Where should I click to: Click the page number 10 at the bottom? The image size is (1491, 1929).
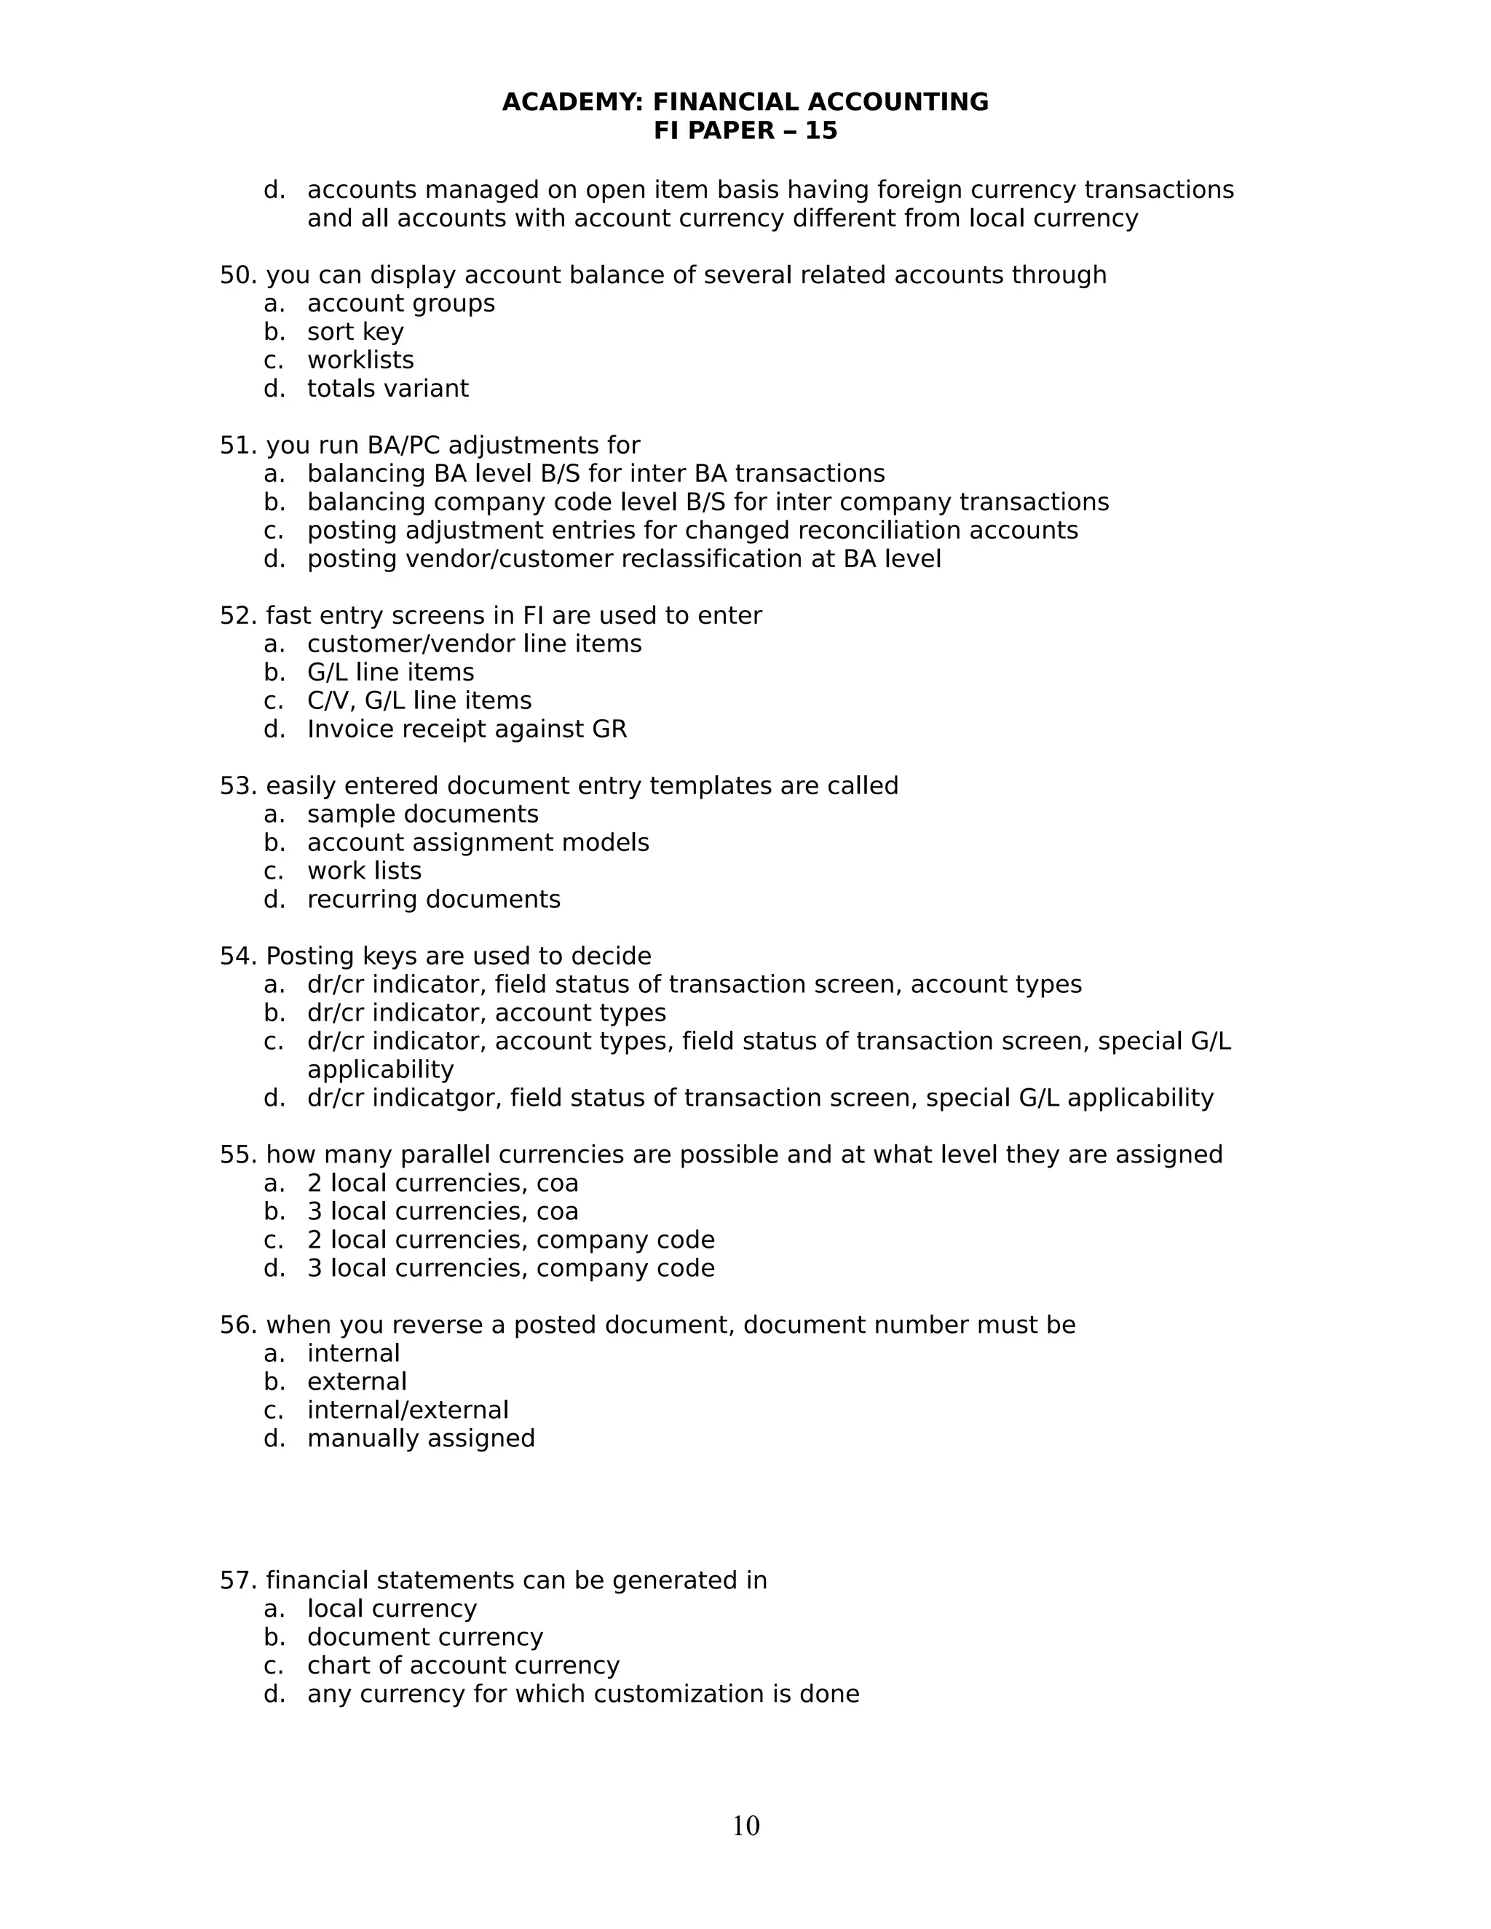pyautogui.click(x=745, y=1826)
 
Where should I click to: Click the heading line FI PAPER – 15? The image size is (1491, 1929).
pyautogui.click(x=745, y=131)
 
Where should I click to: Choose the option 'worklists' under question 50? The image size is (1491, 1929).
pyautogui.click(x=360, y=360)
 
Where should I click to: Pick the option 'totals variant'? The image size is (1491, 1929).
pyautogui.click(x=388, y=389)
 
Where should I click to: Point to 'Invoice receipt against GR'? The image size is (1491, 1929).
pyautogui.click(x=467, y=729)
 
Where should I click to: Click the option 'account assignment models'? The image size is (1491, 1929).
pyautogui.click(x=478, y=843)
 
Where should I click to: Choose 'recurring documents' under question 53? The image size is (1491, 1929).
pyautogui.click(x=434, y=900)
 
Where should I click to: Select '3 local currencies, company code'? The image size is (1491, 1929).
pyautogui.click(x=510, y=1268)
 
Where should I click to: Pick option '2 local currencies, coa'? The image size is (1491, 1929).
pyautogui.click(x=443, y=1184)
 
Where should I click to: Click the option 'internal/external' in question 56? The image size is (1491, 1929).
pyautogui.click(x=407, y=1410)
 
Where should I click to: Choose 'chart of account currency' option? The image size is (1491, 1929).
pyautogui.click(x=463, y=1665)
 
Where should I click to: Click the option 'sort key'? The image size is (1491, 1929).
pyautogui.click(x=355, y=332)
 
